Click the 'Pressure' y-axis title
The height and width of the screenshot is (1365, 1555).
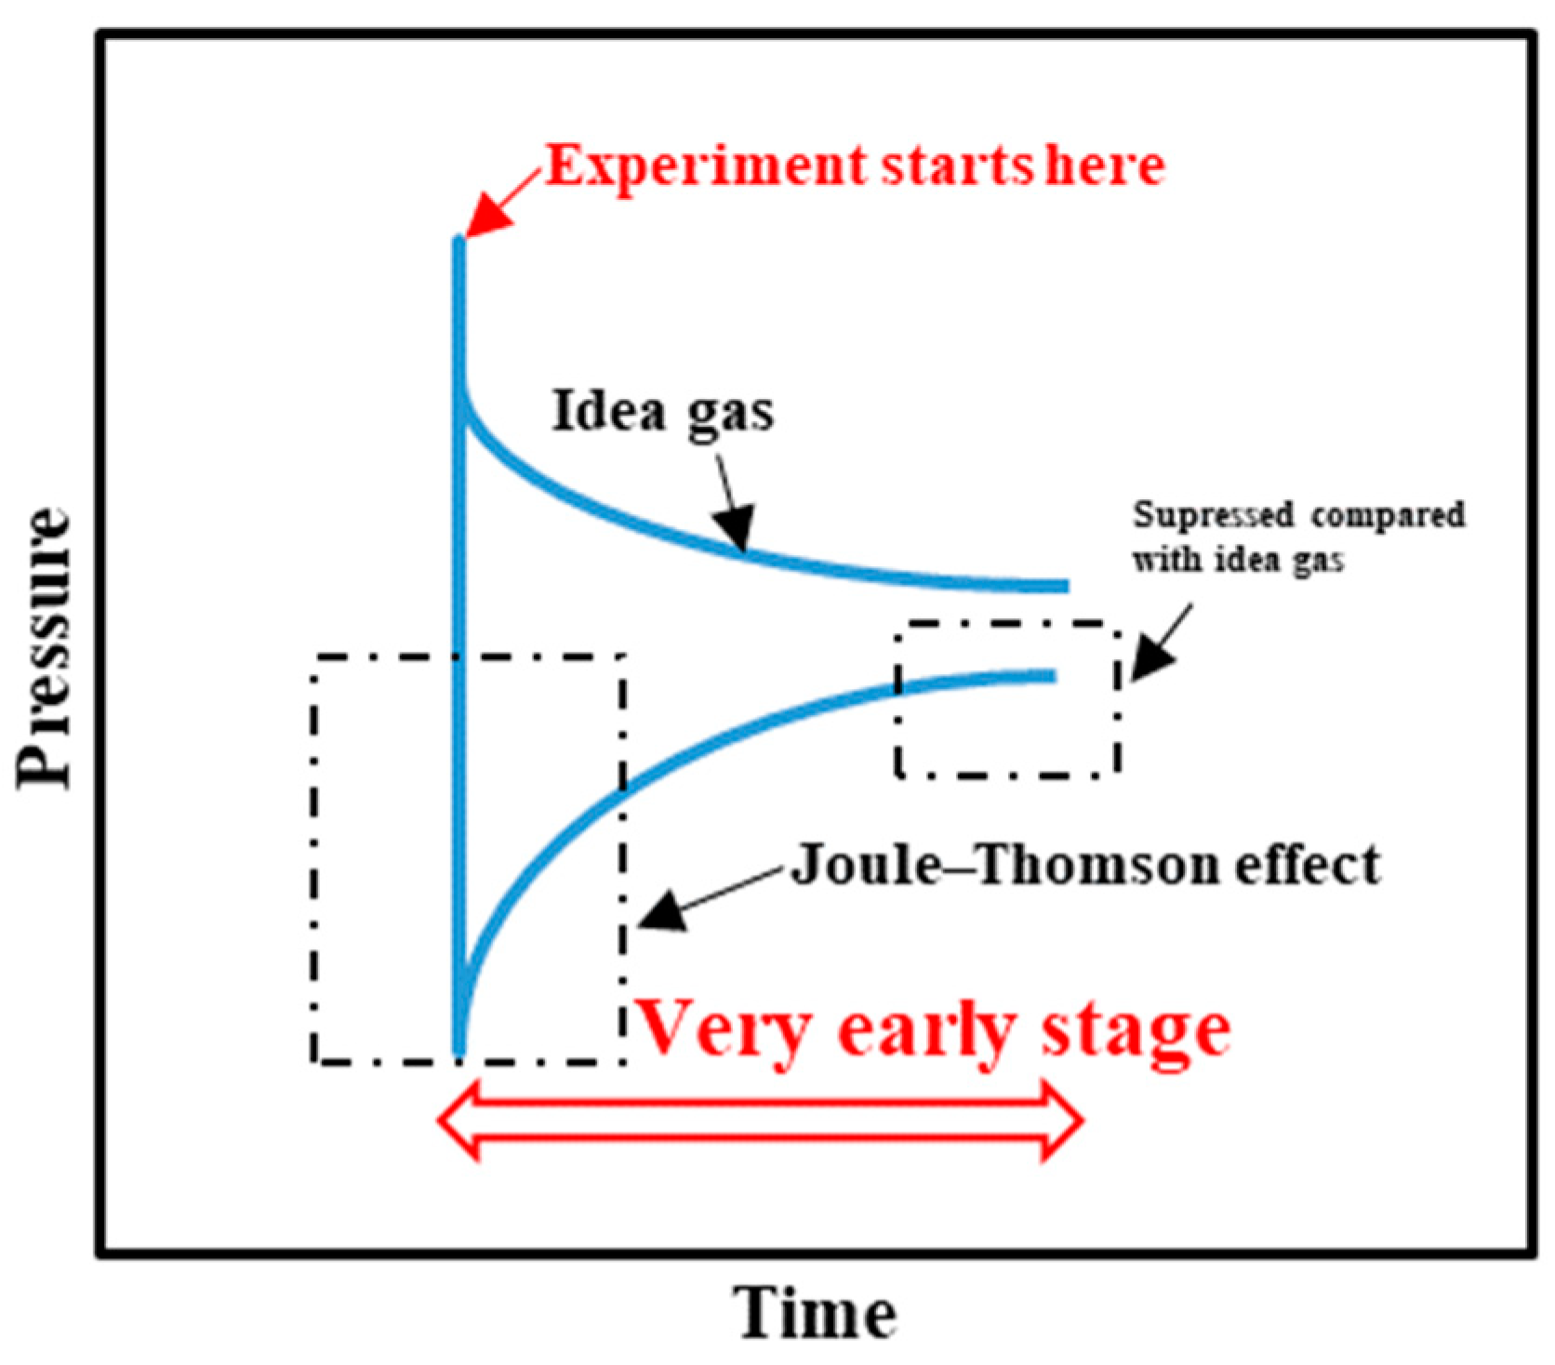(x=44, y=648)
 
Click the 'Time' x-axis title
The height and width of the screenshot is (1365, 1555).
(x=817, y=1313)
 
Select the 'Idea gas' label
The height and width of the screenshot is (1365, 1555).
(x=662, y=411)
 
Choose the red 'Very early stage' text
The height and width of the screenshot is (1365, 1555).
(x=935, y=1030)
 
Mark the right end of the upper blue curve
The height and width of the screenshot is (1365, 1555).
(x=1065, y=586)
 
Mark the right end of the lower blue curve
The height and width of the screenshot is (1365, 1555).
(x=1053, y=676)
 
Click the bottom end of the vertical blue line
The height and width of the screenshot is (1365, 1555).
(x=459, y=1051)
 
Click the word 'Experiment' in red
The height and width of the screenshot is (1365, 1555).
(x=705, y=167)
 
